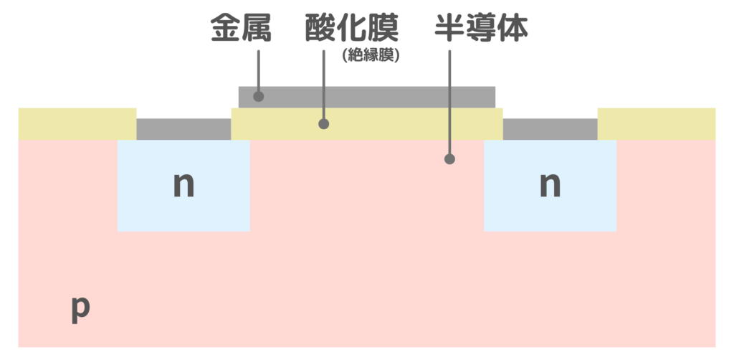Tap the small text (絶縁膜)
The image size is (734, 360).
[x=371, y=55]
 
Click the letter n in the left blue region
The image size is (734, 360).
[x=184, y=185]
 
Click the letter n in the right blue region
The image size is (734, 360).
[x=550, y=185]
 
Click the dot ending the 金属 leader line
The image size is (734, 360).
[x=259, y=96]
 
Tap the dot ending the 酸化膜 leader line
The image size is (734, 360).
[x=323, y=123]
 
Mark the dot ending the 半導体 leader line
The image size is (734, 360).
[x=449, y=158]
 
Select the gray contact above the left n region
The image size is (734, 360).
[x=183, y=129]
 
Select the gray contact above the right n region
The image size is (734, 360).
[x=550, y=129]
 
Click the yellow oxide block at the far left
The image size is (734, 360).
[x=77, y=123]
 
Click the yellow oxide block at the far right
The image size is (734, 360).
[x=656, y=123]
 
